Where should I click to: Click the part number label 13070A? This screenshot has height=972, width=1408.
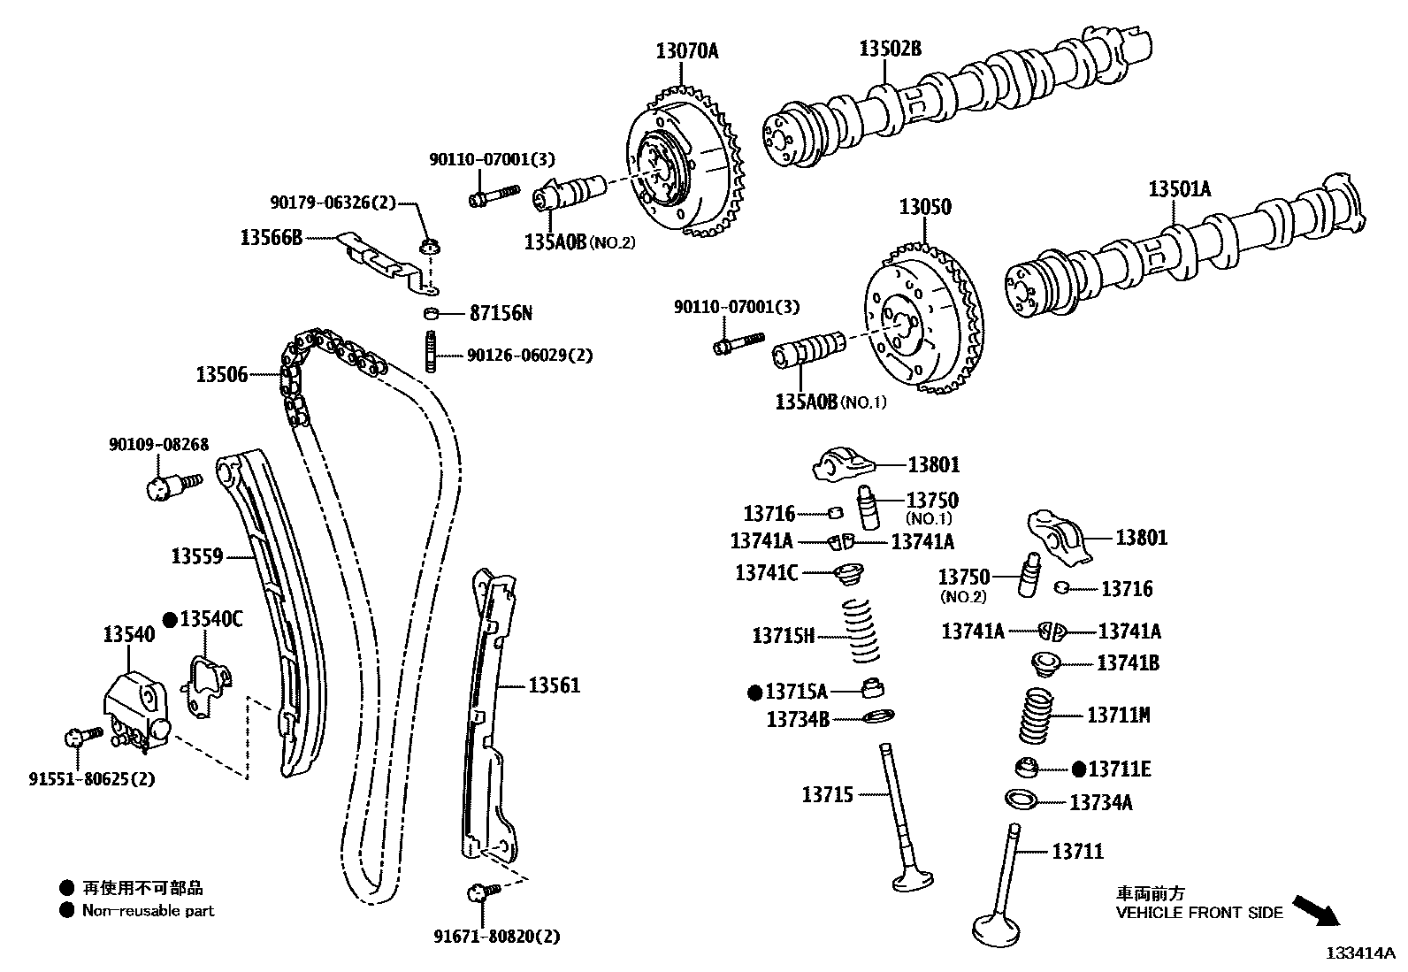686,51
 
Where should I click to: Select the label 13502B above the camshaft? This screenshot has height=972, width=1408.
890,49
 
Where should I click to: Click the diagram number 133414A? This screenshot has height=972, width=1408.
1358,953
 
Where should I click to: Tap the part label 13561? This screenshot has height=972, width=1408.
555,685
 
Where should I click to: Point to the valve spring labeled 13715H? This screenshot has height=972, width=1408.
860,631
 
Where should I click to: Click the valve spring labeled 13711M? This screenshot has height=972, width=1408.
1037,716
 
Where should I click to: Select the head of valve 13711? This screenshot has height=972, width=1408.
998,929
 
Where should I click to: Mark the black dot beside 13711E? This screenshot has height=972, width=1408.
1078,769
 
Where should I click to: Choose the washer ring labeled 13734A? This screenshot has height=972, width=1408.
1021,799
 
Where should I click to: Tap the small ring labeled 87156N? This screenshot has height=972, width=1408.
430,313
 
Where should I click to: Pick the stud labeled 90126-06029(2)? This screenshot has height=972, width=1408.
431,352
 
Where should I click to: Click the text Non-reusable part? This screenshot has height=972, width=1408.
148,910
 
